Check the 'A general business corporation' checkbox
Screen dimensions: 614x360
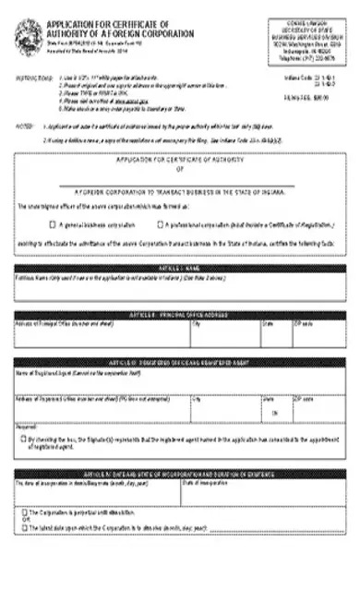(53, 223)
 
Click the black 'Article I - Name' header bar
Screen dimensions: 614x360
(180, 267)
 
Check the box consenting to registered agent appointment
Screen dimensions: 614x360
(21, 439)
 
